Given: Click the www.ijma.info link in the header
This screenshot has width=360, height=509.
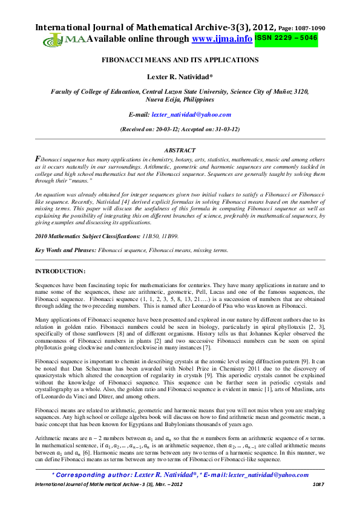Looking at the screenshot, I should pos(221,39).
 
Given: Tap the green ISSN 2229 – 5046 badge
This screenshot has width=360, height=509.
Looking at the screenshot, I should pos(286,38).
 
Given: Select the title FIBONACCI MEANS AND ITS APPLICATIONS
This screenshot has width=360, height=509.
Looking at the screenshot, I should pos(180,60).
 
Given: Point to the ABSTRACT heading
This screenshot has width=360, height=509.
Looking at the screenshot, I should pos(180,150).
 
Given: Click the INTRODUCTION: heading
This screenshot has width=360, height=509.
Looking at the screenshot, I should pos(60,271).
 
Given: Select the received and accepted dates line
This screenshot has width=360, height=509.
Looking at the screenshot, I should pos(180,129).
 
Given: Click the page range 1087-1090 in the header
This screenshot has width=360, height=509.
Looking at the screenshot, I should pos(312,28).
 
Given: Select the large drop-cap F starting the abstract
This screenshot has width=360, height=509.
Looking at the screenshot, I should pos(38,158).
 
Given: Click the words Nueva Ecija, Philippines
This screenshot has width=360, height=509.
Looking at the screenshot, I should pos(180,99).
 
